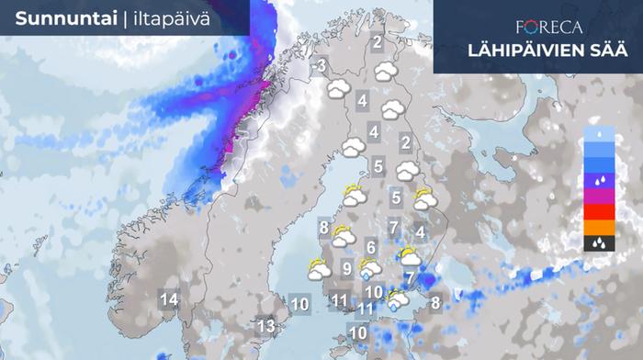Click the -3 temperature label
click(320, 66)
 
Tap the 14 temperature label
click(169, 299)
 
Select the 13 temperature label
click(265, 326)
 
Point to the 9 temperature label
click(346, 269)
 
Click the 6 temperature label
click(370, 246)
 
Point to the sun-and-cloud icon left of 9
click(320, 270)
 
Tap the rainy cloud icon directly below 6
click(370, 267)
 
